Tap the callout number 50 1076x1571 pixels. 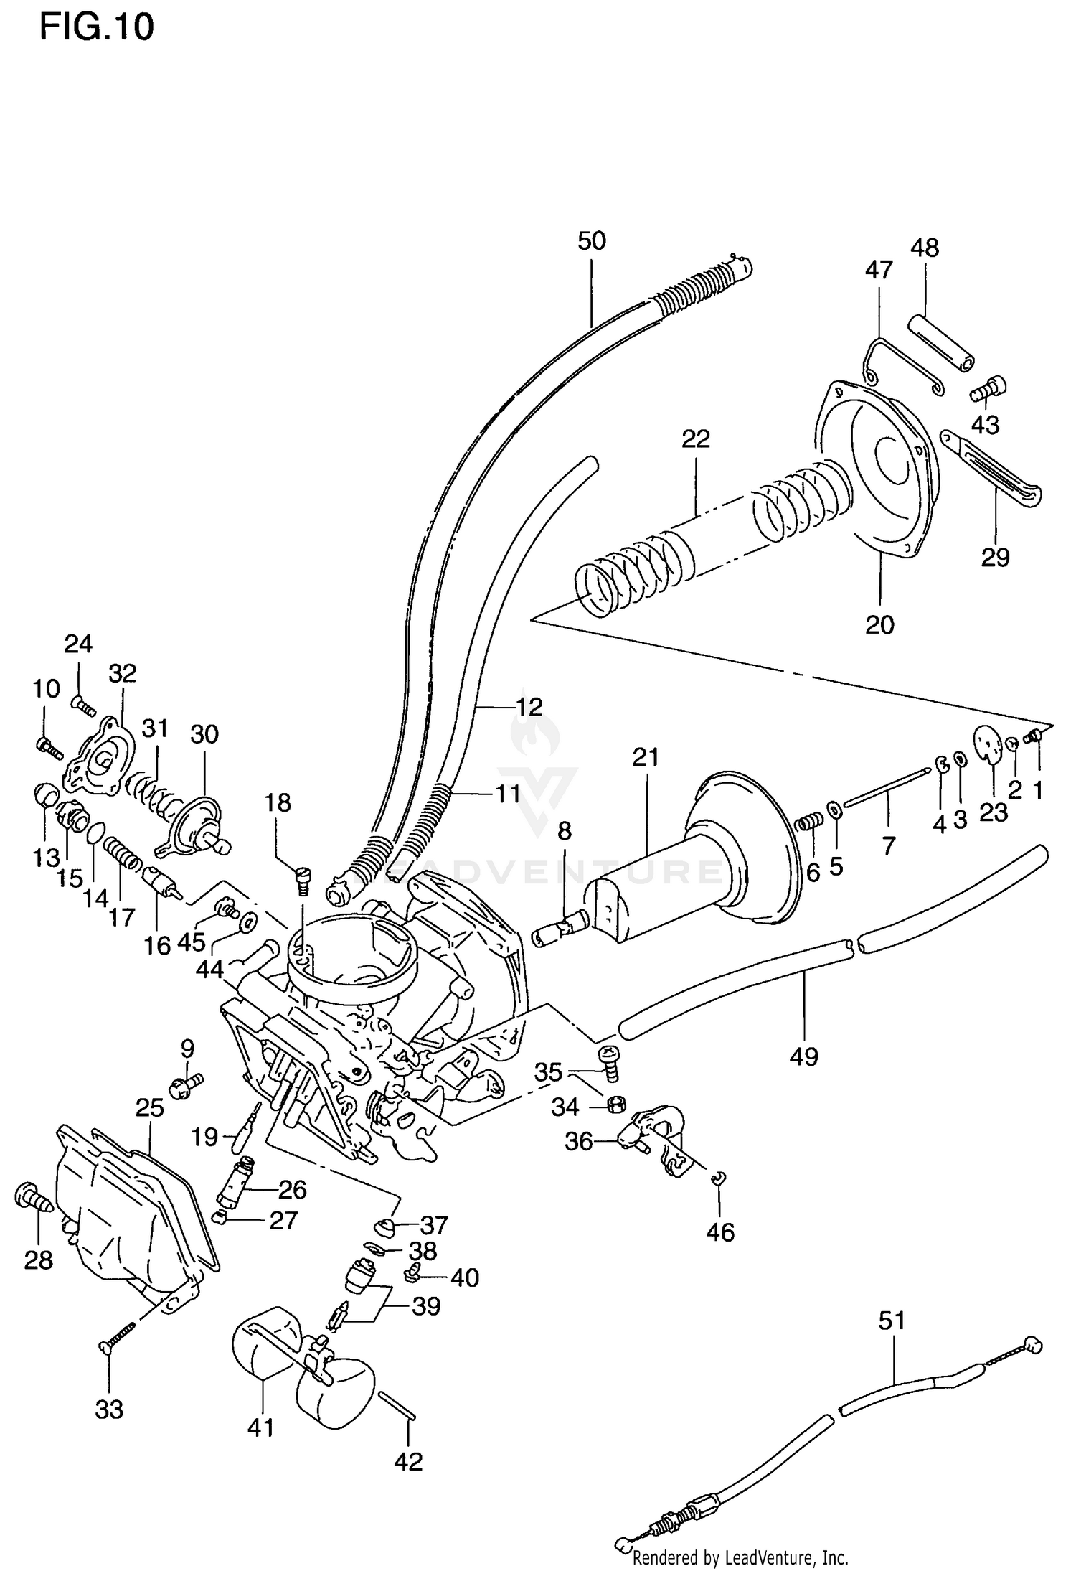pos(592,241)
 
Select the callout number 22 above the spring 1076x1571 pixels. pos(695,439)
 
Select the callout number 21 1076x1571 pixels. pos(646,757)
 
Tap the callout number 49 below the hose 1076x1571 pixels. pos(803,1056)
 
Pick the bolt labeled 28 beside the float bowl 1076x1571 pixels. pos(32,1196)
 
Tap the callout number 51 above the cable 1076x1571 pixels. pos(892,1321)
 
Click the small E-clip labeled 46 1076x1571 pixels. pos(719,1176)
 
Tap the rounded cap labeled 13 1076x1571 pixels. pos(47,795)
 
